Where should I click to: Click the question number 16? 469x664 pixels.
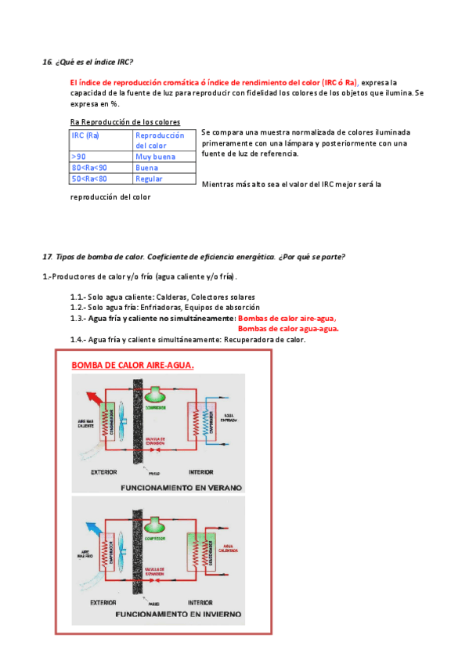(47, 61)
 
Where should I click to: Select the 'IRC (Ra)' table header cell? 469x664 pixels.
(85, 135)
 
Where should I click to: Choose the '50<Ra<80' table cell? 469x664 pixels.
(89, 179)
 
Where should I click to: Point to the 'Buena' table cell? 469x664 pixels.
(146, 168)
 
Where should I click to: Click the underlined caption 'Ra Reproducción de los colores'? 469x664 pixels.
(124, 122)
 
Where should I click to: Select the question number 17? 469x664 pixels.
(47, 257)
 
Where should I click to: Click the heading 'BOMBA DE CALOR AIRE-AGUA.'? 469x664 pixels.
(132, 365)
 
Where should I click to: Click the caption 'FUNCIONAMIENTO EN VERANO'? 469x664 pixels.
(181, 487)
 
